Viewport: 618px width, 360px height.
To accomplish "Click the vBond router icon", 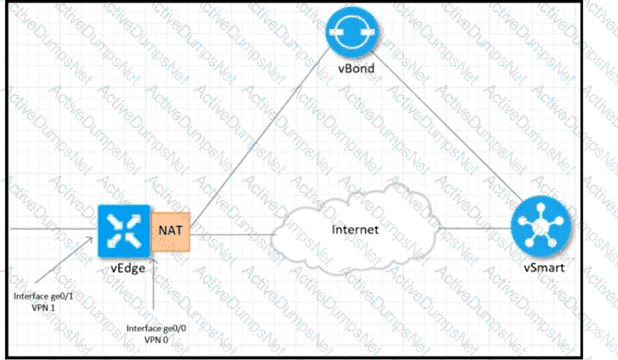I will click(x=351, y=31).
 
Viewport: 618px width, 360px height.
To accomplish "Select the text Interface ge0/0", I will click(x=153, y=327).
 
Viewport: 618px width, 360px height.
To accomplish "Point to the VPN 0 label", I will click(x=153, y=339).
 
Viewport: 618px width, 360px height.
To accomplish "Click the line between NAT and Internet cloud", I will click(x=233, y=233).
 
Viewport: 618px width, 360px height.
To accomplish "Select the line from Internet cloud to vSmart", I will click(x=474, y=227).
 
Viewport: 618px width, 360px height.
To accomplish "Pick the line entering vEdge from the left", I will click(x=51, y=228).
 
